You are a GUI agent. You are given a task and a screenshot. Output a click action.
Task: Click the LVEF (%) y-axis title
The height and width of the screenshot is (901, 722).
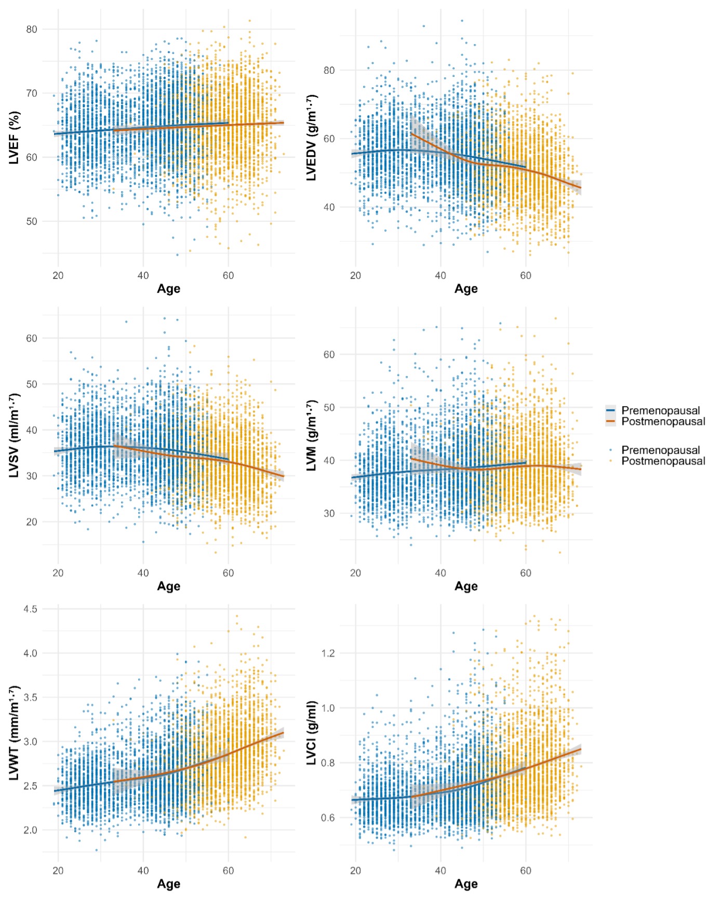click(x=15, y=138)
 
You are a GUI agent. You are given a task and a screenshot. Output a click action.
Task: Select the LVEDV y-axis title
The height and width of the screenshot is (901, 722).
click(x=312, y=138)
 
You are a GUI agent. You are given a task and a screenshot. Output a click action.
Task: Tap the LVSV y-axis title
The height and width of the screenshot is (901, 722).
click(x=15, y=435)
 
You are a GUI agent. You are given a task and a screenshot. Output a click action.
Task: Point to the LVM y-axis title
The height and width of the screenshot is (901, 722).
click(x=312, y=435)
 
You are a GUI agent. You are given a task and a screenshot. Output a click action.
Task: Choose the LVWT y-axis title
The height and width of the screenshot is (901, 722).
click(x=15, y=733)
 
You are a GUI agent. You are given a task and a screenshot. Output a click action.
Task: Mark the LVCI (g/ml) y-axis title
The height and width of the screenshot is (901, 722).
click(x=312, y=733)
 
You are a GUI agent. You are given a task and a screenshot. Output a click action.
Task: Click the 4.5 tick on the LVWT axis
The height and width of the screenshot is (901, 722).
click(x=30, y=609)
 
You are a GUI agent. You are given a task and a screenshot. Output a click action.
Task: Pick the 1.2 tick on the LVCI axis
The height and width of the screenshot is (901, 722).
click(x=328, y=653)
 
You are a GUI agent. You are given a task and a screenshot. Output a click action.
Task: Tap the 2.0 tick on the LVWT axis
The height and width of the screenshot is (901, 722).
click(x=30, y=830)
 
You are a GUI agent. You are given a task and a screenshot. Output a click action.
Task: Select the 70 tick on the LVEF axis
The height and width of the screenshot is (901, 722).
click(x=32, y=93)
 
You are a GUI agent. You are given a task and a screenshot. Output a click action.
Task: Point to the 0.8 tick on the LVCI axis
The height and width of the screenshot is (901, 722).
click(x=328, y=763)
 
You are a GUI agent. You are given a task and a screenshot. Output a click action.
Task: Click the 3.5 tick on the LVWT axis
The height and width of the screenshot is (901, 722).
click(x=30, y=697)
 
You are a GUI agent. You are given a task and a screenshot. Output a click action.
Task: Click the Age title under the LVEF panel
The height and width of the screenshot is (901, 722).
click(x=169, y=289)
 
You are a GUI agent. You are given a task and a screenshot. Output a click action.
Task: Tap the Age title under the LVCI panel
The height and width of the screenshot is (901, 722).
click(x=466, y=884)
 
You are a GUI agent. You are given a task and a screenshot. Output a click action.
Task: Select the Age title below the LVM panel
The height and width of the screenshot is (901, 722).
click(x=466, y=586)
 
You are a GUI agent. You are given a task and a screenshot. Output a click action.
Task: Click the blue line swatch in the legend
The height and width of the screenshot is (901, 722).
click(x=611, y=410)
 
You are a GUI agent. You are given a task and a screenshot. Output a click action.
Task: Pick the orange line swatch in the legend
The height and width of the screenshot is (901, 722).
click(x=611, y=421)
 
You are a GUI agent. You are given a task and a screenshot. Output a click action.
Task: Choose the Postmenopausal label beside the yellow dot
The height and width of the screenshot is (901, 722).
click(x=663, y=461)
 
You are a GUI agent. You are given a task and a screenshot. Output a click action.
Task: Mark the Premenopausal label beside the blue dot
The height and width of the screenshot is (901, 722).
click(x=661, y=450)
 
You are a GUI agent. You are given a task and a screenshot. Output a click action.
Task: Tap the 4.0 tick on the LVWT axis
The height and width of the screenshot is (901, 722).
click(x=30, y=653)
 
